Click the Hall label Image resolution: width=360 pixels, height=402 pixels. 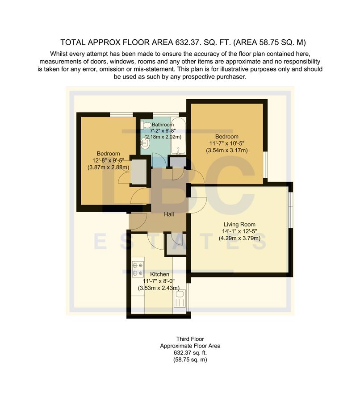coord(169,215)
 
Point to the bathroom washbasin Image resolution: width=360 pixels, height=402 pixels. coord(144,143)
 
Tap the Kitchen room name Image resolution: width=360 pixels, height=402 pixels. coord(159,274)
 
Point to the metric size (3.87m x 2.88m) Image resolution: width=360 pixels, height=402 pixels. coord(109,167)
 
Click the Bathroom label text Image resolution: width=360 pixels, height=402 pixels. coord(162,125)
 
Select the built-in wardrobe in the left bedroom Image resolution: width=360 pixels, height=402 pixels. coord(138,172)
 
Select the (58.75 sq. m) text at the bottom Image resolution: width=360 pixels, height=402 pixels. coord(190,360)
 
